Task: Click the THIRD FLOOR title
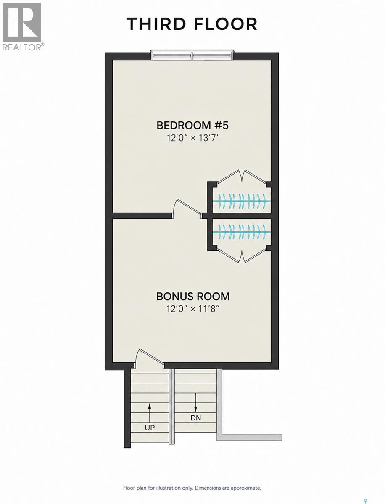[192, 24]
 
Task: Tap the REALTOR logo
[22, 26]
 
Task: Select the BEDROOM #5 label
[192, 125]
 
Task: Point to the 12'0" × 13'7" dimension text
[192, 138]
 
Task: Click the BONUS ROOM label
[193, 296]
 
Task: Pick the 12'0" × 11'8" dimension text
[192, 309]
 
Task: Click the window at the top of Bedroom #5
[192, 56]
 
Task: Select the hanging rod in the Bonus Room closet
[241, 232]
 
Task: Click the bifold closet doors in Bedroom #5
[242, 176]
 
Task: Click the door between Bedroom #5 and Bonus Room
[187, 208]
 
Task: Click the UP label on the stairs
[150, 428]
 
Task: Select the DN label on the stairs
[196, 418]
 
